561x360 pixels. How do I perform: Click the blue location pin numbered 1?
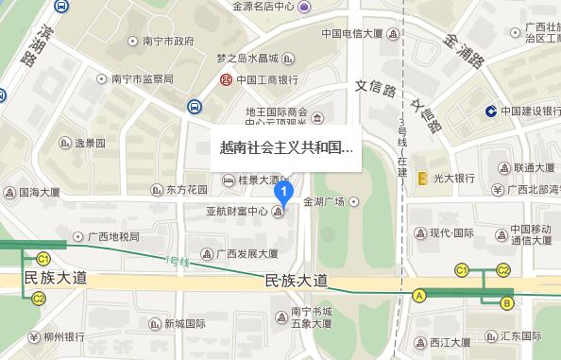pos(280,191)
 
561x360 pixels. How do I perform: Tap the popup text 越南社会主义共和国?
pos(286,148)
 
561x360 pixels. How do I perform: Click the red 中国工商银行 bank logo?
pos(228,80)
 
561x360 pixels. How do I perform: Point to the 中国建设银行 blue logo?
pos(492,111)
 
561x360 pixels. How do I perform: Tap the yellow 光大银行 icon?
pos(424,177)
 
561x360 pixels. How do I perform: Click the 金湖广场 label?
pos(325,201)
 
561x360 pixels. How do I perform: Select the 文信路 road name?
pos(374,88)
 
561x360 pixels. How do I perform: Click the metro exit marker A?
pos(418,295)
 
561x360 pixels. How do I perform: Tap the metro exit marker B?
pos(507,302)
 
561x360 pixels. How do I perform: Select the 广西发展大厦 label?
pos(246,253)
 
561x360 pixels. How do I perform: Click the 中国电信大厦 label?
pos(351,33)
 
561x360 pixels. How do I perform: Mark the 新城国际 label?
pos(185,323)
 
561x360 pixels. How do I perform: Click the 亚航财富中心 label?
pos(237,212)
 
